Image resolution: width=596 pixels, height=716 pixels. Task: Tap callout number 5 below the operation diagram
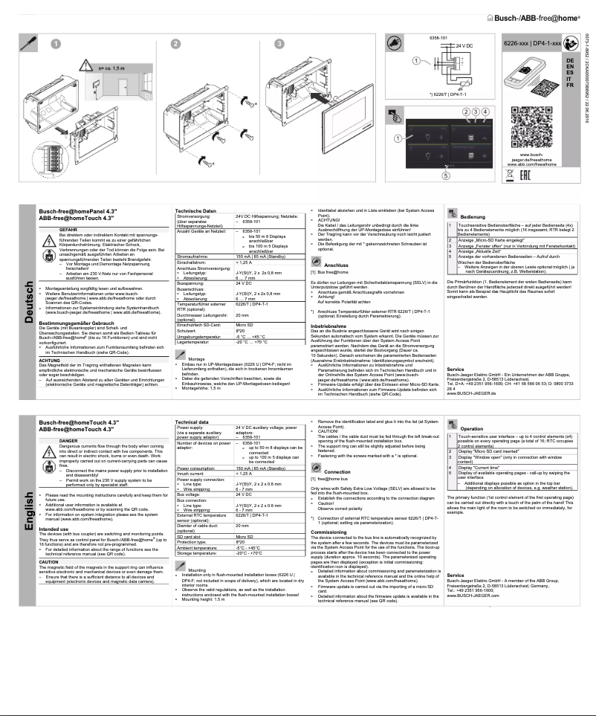pyautogui.click(x=446, y=175)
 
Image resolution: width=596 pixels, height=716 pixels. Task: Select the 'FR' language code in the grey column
pyautogui.click(x=569, y=86)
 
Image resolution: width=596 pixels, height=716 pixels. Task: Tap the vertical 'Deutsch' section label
pyautogui.click(x=25, y=297)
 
